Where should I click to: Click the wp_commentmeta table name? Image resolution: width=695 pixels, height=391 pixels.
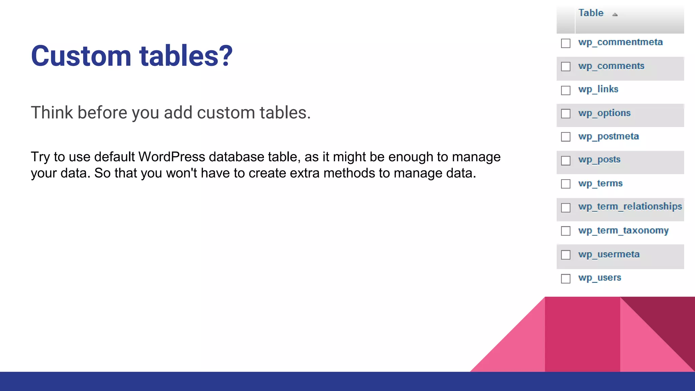pos(620,42)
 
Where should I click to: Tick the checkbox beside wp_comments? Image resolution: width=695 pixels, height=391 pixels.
pos(566,67)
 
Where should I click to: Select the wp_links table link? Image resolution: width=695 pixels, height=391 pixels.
pos(598,89)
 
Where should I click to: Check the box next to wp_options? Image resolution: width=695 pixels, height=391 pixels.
pos(566,113)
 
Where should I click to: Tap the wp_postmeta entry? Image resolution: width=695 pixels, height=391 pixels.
pos(608,136)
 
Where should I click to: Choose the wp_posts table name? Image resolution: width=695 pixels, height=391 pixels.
pos(599,160)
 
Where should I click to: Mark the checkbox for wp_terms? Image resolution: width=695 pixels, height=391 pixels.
pos(566,184)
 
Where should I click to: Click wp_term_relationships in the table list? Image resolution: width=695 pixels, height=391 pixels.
pos(630,206)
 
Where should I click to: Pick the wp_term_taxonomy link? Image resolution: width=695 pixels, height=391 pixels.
pos(623,230)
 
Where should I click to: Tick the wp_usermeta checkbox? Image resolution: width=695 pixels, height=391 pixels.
pos(566,255)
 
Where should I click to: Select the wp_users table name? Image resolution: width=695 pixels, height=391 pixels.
pos(600,278)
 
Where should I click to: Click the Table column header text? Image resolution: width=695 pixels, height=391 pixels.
pos(591,13)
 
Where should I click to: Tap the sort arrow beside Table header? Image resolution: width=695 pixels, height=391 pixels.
pos(615,14)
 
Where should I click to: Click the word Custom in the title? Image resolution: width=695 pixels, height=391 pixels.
pos(81,56)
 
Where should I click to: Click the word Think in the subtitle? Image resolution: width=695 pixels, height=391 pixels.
pos(52,113)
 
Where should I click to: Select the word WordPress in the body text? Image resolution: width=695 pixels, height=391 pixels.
pos(171,157)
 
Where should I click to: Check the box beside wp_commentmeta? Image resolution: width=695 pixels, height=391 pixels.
pos(566,43)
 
